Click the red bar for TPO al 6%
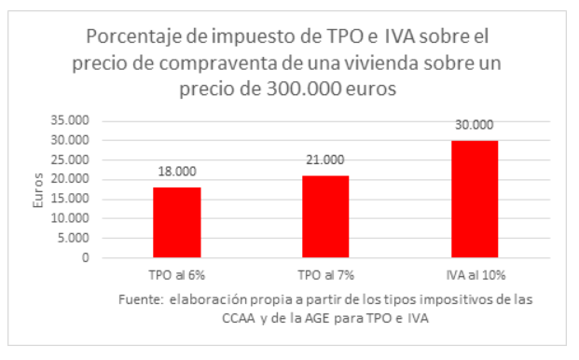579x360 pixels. tap(177, 222)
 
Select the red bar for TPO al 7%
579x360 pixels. tap(325, 216)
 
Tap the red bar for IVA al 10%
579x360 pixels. tap(474, 199)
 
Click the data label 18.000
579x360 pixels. tap(177, 173)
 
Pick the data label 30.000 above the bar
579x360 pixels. tap(474, 125)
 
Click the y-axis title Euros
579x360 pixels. tap(38, 189)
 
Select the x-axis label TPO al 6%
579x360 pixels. tap(177, 277)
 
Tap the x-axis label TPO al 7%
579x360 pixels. tap(325, 277)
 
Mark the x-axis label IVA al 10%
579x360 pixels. tap(474, 277)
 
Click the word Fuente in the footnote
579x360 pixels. tap(141, 300)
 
